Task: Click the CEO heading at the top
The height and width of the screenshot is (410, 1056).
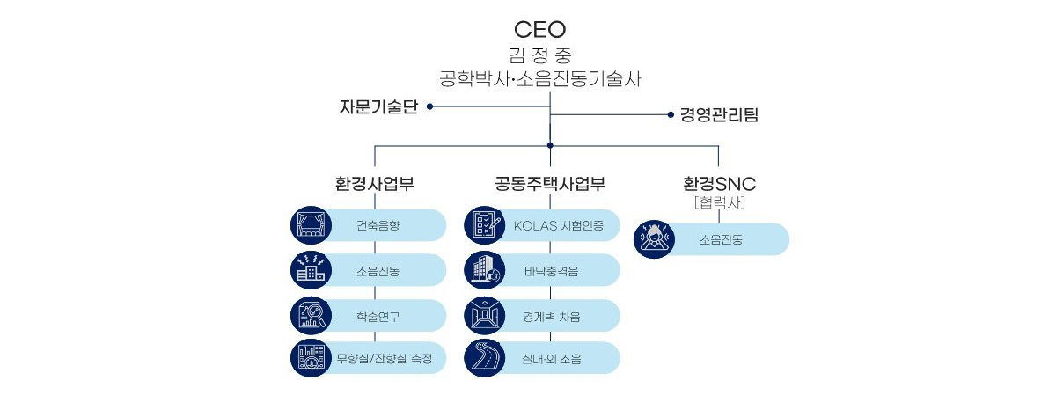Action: pyautogui.click(x=539, y=29)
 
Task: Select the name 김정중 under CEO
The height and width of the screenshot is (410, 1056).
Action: pyautogui.click(x=539, y=55)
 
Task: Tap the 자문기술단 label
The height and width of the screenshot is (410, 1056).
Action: pyautogui.click(x=378, y=106)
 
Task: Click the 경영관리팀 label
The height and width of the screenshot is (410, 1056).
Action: pyautogui.click(x=719, y=114)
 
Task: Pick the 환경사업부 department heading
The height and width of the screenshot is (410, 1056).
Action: pyautogui.click(x=375, y=185)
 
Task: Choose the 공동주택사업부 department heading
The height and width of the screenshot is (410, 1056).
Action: pyautogui.click(x=550, y=185)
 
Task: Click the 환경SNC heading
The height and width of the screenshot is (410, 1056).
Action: pyautogui.click(x=719, y=185)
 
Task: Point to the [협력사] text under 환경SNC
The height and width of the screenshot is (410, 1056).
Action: pyautogui.click(x=719, y=202)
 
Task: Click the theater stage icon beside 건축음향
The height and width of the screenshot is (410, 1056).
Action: pyautogui.click(x=310, y=225)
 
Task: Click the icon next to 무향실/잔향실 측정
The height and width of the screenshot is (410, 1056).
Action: pyautogui.click(x=310, y=358)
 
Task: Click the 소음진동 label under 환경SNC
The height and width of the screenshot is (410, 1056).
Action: pyautogui.click(x=722, y=239)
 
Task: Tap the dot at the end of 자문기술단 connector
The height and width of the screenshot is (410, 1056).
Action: pyautogui.click(x=429, y=106)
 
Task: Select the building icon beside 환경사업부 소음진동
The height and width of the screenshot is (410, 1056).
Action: pyautogui.click(x=310, y=271)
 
